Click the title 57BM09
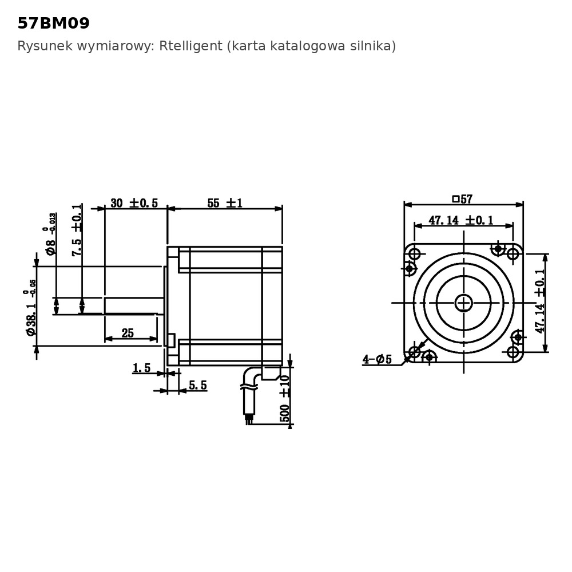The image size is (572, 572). point(54,23)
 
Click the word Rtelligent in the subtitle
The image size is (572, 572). point(190,46)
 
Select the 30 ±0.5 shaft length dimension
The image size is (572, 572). point(134,203)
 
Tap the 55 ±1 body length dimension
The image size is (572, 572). point(225,203)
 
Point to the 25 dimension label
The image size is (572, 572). point(128,333)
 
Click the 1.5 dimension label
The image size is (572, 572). point(141,368)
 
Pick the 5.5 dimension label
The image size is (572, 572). point(198,385)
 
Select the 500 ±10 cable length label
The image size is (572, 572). point(284,398)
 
